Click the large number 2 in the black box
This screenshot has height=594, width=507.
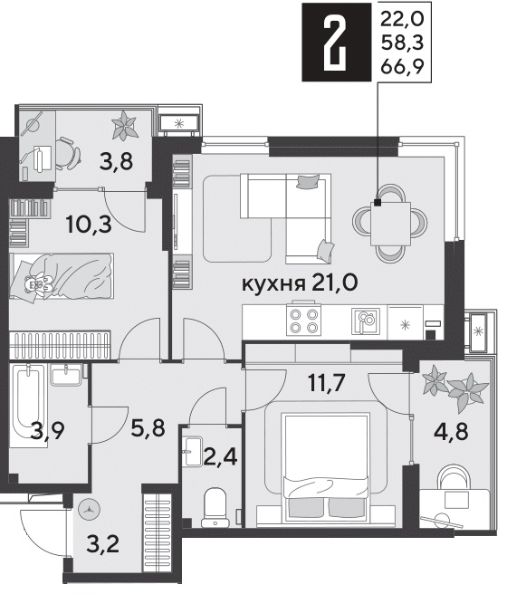tap(336, 44)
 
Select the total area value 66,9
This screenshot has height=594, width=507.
tap(402, 67)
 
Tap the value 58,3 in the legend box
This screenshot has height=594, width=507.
tap(402, 43)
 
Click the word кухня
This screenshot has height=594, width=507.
tap(273, 284)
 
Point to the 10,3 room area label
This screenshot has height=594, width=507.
tap(89, 225)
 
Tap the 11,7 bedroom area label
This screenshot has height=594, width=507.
tap(327, 383)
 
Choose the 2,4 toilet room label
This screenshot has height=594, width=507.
tap(220, 456)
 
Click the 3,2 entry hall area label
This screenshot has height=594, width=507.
tap(103, 544)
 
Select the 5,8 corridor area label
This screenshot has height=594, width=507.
tap(148, 427)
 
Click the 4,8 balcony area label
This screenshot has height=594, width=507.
tap(452, 431)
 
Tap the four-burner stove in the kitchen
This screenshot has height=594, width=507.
tap(303, 321)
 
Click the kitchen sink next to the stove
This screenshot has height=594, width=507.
tap(366, 321)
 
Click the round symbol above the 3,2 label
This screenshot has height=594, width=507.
tap(90, 510)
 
